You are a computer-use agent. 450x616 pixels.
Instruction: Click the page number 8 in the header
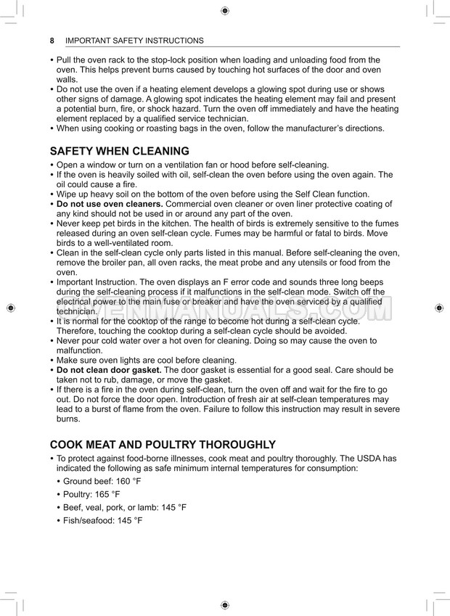[x=52, y=41]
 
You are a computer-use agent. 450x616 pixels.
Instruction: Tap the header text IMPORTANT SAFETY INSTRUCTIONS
[x=134, y=41]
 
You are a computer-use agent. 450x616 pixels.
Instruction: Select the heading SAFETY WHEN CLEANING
[x=119, y=152]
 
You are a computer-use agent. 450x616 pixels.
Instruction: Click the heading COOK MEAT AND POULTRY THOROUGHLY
[x=163, y=445]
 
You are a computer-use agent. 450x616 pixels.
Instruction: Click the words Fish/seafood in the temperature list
[x=81, y=521]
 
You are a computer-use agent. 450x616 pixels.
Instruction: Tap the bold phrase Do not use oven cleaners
[x=110, y=205]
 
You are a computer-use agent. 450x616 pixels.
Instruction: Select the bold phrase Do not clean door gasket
[x=109, y=370]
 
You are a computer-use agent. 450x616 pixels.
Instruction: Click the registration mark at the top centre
[x=224, y=10]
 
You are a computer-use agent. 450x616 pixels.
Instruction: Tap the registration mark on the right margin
[x=438, y=308]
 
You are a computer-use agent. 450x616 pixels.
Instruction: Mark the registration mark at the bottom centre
[x=224, y=605]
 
